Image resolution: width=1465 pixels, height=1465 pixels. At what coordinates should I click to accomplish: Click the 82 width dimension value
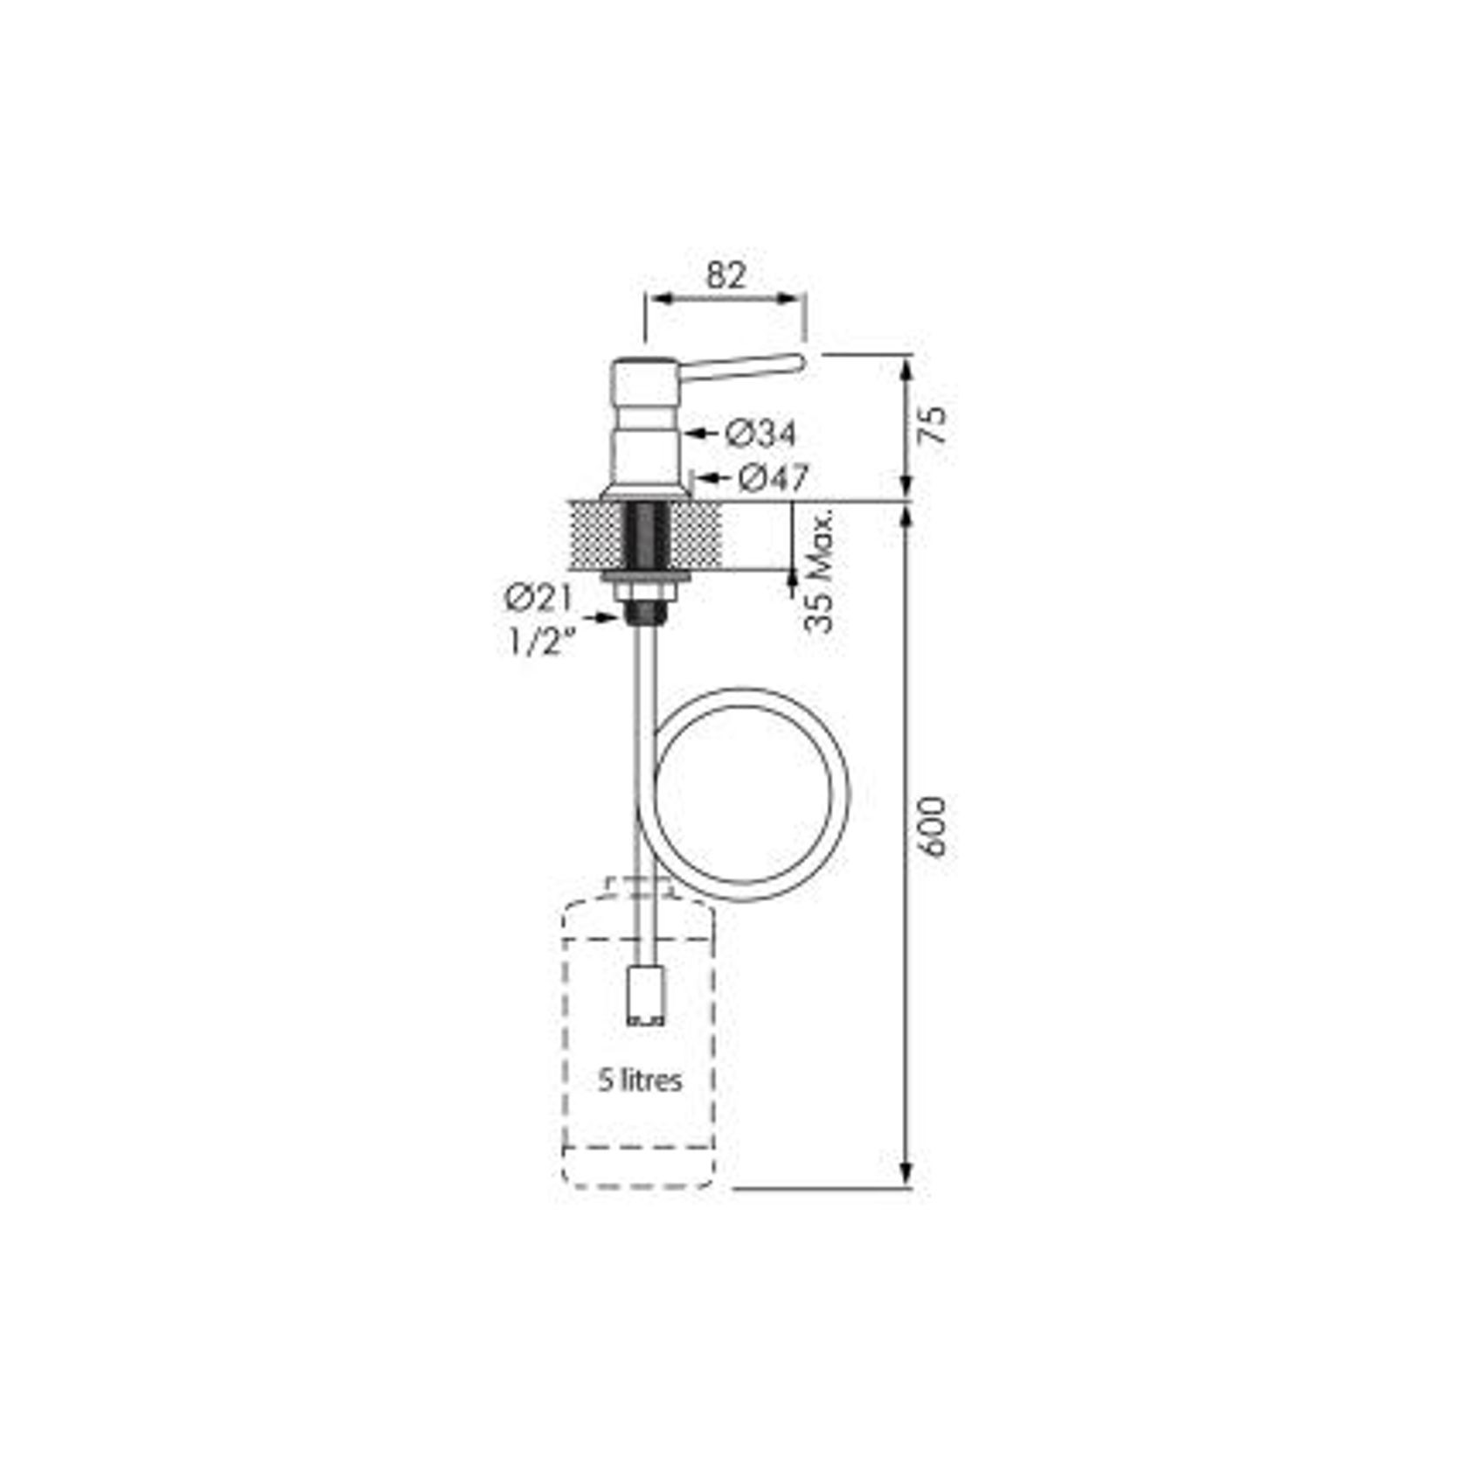[x=726, y=275]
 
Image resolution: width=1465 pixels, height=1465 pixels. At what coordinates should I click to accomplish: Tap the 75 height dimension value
[x=934, y=425]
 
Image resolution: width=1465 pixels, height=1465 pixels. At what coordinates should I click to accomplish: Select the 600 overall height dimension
[x=934, y=826]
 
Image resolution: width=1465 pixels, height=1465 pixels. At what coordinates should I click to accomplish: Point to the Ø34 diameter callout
[x=760, y=433]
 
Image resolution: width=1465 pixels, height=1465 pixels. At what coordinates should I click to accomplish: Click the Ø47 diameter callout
[x=773, y=478]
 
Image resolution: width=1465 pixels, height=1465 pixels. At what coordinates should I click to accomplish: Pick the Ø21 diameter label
[x=538, y=599]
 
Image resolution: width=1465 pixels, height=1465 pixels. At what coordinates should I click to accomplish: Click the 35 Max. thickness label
[x=820, y=570]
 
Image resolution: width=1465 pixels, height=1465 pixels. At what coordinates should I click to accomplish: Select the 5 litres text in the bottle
[x=640, y=1080]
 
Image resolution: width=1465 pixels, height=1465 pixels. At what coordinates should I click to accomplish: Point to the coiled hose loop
[x=752, y=794]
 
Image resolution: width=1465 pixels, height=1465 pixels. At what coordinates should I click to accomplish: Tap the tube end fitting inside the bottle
[x=646, y=994]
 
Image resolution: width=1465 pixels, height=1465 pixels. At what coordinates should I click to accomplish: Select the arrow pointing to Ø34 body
[x=699, y=432]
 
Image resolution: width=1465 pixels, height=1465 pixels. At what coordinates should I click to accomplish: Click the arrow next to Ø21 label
[x=605, y=618]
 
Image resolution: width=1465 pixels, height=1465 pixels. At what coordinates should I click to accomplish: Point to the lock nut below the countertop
[x=645, y=592]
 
